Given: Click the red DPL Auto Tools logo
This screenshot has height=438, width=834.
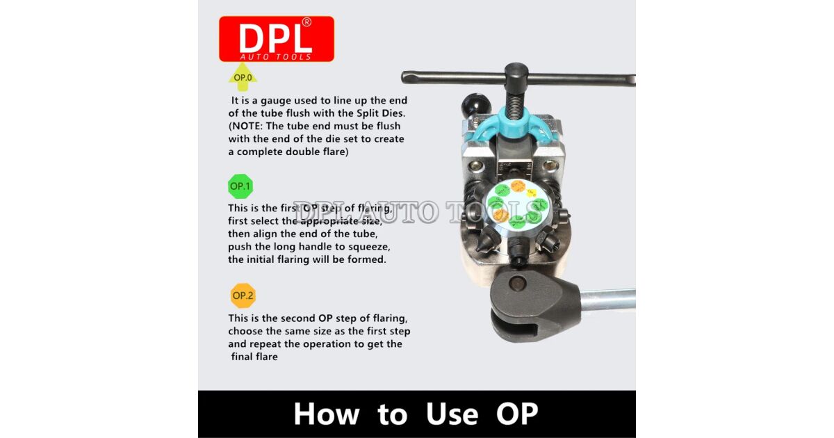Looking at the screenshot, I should (276, 39).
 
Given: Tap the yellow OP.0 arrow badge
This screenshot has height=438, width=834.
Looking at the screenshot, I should (243, 78).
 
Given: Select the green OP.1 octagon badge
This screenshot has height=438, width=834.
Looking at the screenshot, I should (240, 186).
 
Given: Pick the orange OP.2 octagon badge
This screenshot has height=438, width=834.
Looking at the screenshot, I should (243, 295).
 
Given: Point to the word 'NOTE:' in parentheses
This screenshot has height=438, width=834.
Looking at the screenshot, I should (250, 126).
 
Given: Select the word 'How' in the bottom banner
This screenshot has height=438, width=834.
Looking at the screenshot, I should (326, 414).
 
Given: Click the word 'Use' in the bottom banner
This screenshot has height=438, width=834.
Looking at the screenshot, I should (452, 414).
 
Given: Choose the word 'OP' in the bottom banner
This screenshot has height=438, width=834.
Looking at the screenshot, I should (517, 414).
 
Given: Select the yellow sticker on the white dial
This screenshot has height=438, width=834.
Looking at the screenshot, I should (531, 193).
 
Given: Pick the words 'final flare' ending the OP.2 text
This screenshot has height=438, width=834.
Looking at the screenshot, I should (255, 357).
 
